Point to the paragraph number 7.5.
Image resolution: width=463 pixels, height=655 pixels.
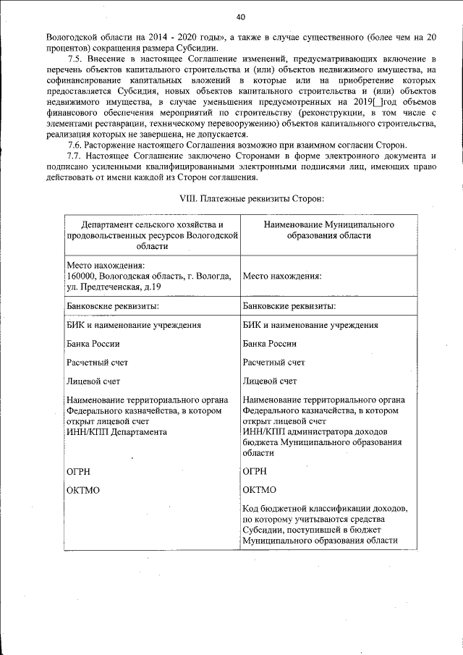[75, 56]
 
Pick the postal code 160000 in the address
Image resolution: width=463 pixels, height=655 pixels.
[80, 276]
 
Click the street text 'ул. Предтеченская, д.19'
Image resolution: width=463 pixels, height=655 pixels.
[113, 287]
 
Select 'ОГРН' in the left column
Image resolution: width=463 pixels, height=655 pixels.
[78, 471]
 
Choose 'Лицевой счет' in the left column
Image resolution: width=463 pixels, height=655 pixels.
[93, 381]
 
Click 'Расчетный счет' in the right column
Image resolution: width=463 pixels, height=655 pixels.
[273, 362]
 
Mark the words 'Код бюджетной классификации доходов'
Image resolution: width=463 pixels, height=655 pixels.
[330, 510]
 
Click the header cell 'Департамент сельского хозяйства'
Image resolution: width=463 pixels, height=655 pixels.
[152, 226]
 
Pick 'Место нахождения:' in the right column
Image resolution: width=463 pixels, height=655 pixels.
[282, 276]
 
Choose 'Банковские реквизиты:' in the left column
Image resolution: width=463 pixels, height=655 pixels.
[112, 306]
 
